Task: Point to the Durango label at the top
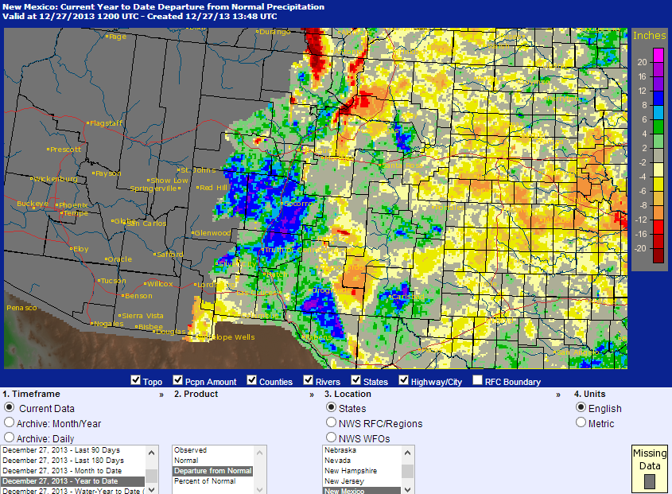(275, 32)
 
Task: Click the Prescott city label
(65, 150)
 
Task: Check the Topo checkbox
(136, 381)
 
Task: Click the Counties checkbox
(252, 381)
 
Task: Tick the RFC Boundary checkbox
(477, 381)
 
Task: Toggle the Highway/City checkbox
(404, 381)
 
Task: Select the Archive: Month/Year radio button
(10, 423)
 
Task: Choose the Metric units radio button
(581, 423)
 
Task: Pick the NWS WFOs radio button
(331, 438)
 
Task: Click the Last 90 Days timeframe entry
(64, 450)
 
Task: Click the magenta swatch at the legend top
(658, 54)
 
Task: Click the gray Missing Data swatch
(649, 480)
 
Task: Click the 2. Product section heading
(196, 394)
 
